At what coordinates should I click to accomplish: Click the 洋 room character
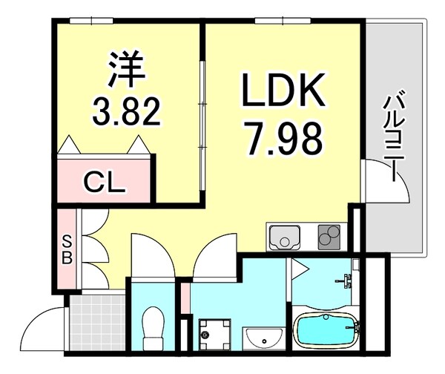125,69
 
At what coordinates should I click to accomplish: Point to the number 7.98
283,138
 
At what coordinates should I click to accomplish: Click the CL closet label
103,181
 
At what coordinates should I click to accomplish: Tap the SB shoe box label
66,250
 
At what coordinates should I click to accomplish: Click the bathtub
326,330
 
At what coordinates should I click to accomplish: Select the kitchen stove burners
329,237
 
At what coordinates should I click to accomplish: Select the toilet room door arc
152,256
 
